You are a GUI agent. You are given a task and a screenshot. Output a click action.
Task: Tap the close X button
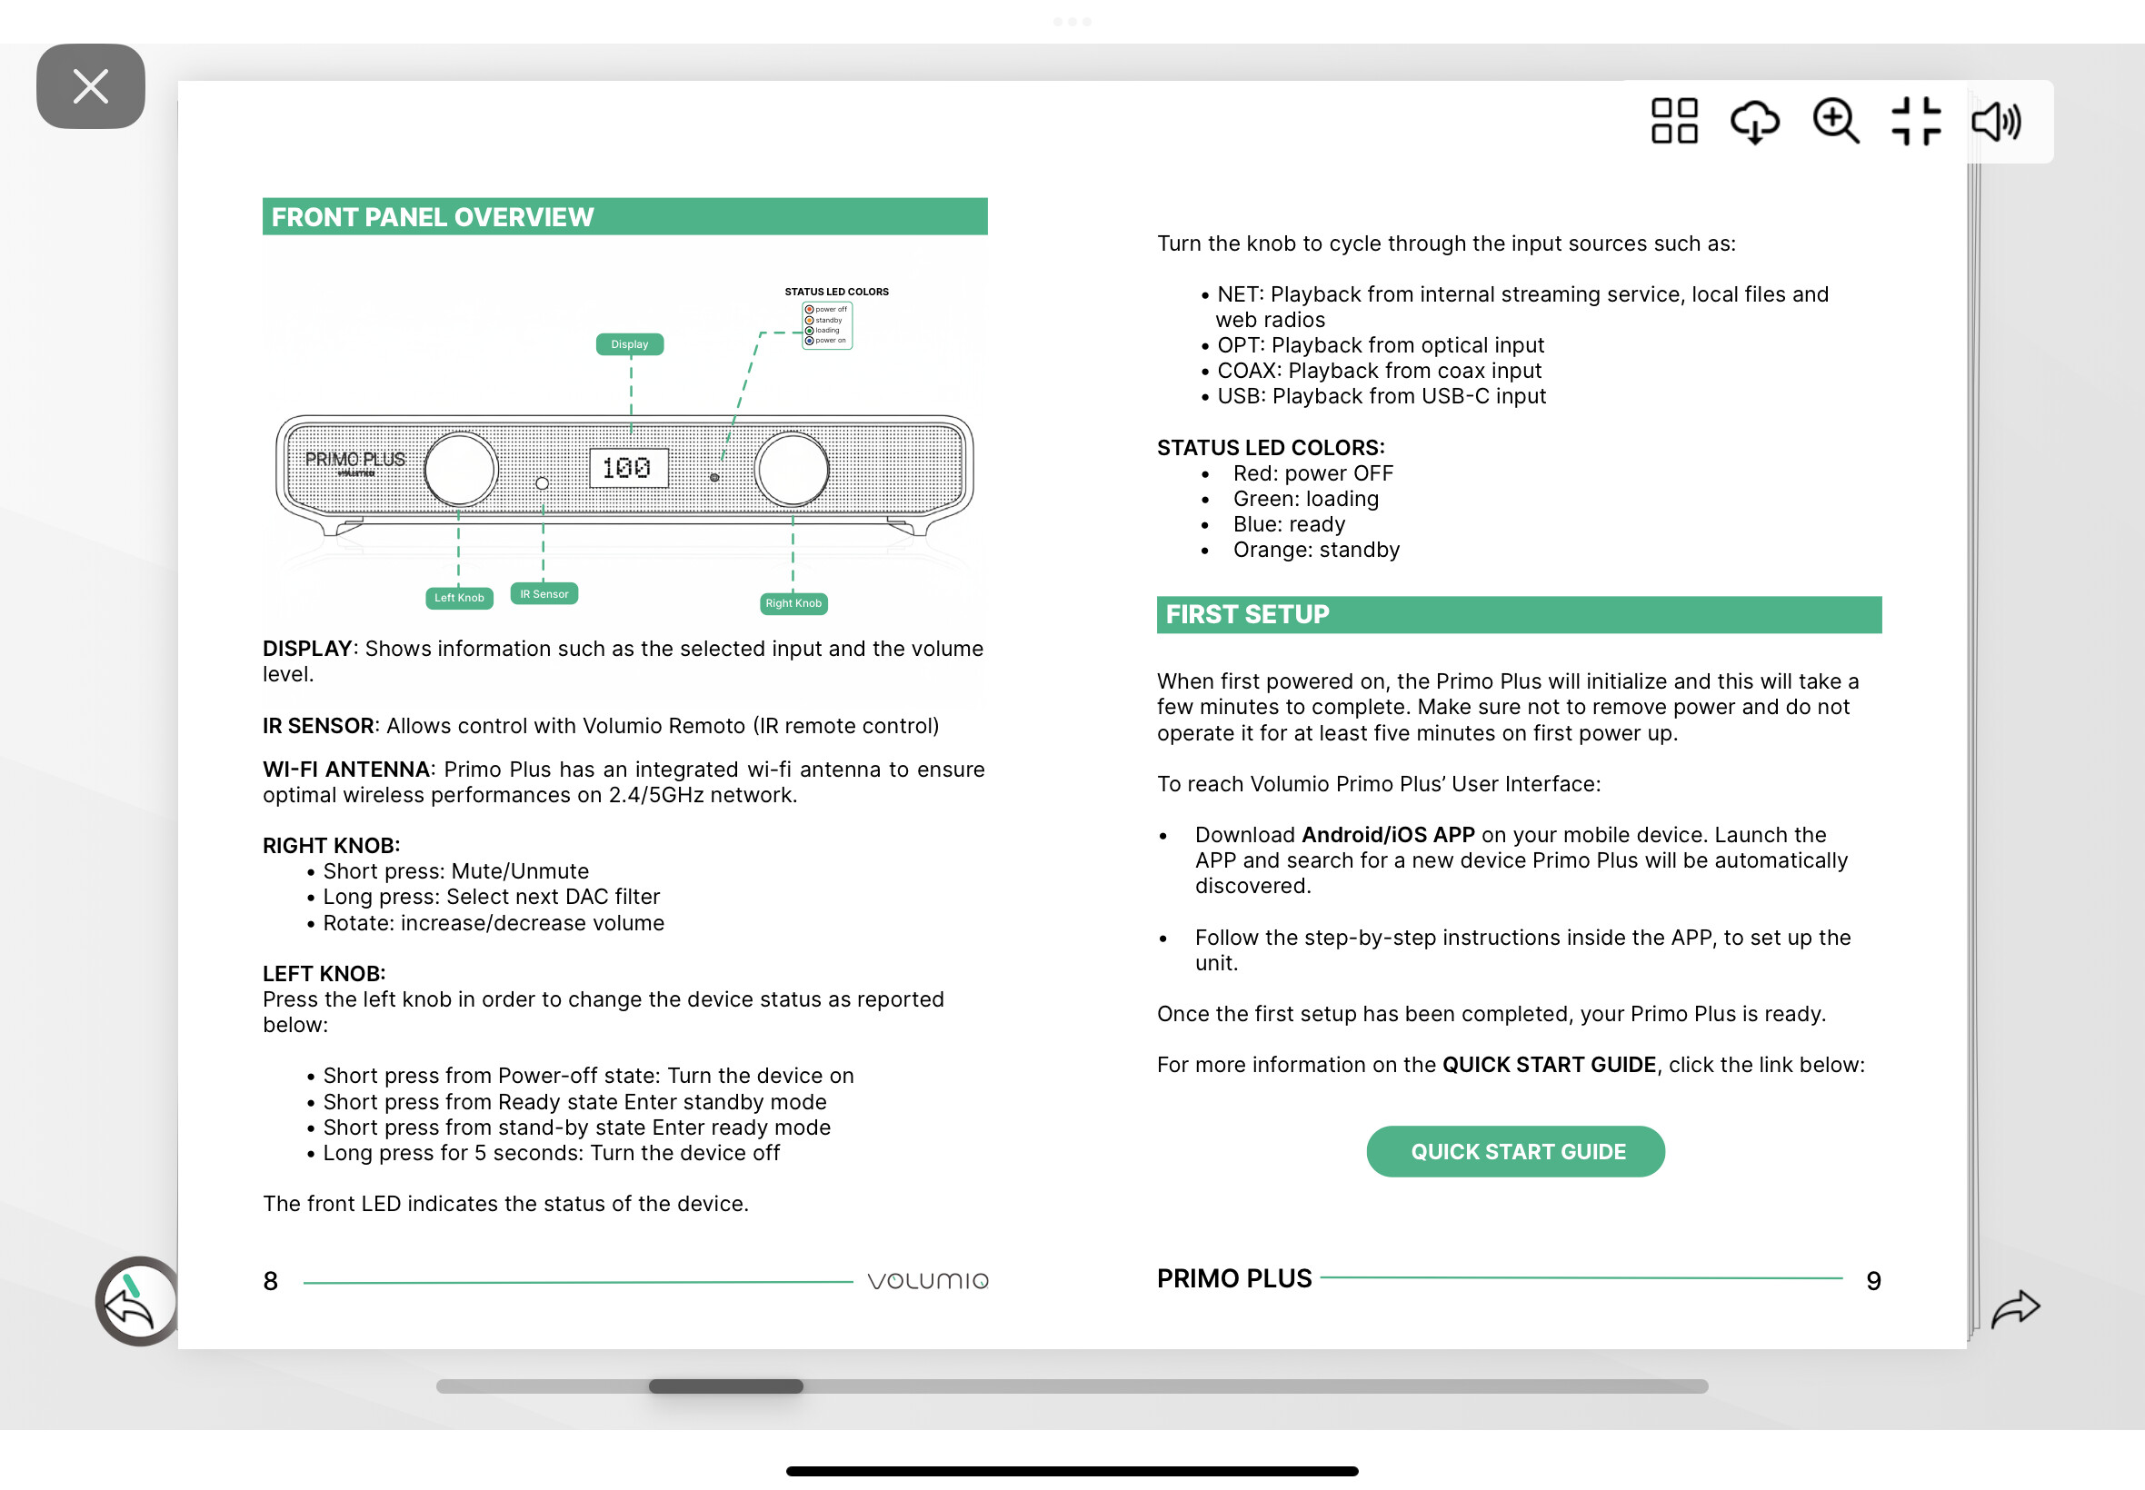click(91, 87)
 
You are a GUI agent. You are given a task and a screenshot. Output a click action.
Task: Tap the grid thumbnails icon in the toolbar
click(1673, 122)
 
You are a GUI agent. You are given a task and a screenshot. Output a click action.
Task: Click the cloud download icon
click(1754, 122)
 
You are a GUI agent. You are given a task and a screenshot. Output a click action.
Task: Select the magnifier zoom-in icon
click(1835, 122)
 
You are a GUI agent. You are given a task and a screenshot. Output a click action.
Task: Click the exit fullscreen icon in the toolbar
click(1915, 122)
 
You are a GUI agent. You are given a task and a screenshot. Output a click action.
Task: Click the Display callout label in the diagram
click(629, 344)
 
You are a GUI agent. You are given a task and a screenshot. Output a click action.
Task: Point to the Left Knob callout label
click(458, 598)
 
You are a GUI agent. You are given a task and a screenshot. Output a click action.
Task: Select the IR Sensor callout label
click(544, 594)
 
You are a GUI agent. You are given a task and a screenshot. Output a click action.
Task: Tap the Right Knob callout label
click(793, 603)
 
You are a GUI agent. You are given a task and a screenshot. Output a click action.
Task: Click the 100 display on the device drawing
click(627, 468)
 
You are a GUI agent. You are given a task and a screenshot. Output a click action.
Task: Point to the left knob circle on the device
click(461, 470)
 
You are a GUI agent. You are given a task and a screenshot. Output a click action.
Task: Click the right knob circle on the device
click(792, 470)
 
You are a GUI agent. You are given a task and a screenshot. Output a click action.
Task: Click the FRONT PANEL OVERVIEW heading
click(433, 217)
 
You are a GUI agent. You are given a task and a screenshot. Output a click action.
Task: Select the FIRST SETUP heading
click(1247, 614)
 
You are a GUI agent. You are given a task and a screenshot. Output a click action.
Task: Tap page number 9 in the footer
click(1872, 1281)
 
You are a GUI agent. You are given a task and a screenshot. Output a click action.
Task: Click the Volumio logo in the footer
click(927, 1281)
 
